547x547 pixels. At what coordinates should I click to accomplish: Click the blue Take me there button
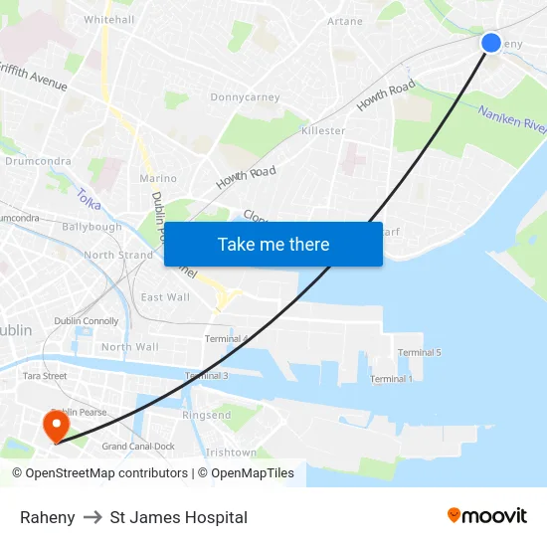[273, 244]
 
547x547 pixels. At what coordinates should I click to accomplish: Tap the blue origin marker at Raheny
[491, 43]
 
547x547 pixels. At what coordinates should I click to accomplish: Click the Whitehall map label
[109, 19]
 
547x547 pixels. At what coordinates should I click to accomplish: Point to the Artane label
[345, 21]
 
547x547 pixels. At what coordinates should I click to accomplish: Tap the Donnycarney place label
[245, 97]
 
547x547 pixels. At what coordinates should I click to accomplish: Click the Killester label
[322, 130]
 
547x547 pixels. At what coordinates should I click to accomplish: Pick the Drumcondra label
[37, 160]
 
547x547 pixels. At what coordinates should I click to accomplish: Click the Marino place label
[158, 178]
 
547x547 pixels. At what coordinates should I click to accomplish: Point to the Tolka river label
[89, 200]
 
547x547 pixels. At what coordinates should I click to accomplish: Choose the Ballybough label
[91, 227]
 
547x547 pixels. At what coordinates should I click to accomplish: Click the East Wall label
[165, 296]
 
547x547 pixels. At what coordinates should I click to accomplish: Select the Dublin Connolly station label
[87, 321]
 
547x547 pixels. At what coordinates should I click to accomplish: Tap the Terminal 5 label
[419, 352]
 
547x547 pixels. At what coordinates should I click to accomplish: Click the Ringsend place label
[207, 415]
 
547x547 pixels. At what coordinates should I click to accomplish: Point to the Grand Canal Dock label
[138, 447]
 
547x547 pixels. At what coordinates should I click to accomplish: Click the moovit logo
[487, 515]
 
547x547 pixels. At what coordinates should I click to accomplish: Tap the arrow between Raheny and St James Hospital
[92, 517]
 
